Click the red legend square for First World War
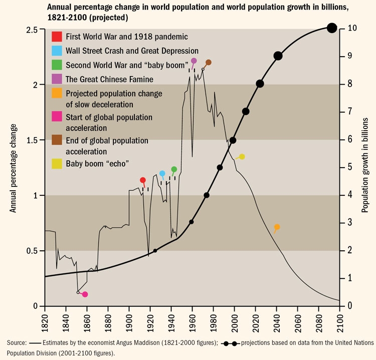(57, 37)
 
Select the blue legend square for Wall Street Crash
(57, 51)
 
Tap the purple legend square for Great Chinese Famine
(57, 79)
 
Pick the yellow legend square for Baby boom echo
(57, 164)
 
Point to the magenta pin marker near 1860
(85, 294)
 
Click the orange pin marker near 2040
(277, 227)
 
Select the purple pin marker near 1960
(194, 61)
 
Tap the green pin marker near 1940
(174, 169)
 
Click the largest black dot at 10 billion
(331, 28)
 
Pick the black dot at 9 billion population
(278, 56)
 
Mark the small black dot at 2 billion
(155, 250)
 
